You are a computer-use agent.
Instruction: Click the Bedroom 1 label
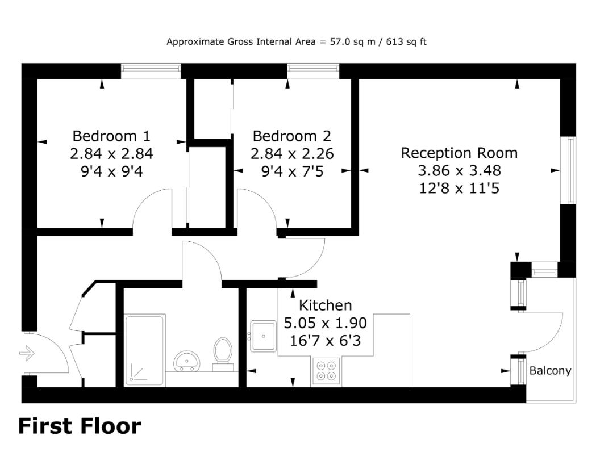pos(111,136)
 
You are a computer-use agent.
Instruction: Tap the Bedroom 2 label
pos(292,136)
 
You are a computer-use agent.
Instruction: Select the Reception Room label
pos(459,153)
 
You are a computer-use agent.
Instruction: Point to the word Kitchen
pos(326,305)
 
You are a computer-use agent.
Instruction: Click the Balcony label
pos(551,371)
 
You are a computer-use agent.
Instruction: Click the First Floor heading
pos(80,426)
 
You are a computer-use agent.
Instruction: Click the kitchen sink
pos(264,336)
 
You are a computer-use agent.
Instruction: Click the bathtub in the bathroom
pos(145,349)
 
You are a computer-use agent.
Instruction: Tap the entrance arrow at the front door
pos(27,354)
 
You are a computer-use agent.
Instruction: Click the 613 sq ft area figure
pos(406,42)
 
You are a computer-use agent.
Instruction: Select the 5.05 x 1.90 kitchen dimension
pos(326,323)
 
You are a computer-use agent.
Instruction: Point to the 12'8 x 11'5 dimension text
pos(459,189)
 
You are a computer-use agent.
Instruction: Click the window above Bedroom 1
pos(151,72)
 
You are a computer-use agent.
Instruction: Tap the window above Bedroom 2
pos(313,72)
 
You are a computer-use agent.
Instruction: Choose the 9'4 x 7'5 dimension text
pos(292,171)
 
